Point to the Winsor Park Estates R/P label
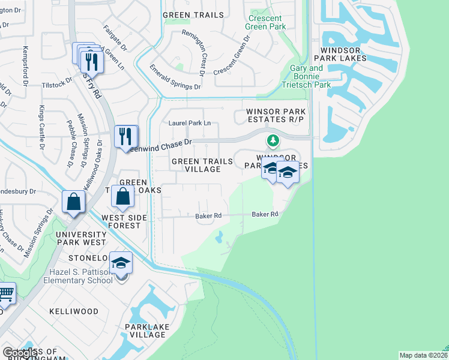276,116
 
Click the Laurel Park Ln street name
189,123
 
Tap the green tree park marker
273,141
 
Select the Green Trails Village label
197,165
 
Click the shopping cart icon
5,294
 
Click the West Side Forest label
121,221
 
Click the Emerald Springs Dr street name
175,77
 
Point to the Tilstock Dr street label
56,85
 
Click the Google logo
21,352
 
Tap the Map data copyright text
423,355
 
